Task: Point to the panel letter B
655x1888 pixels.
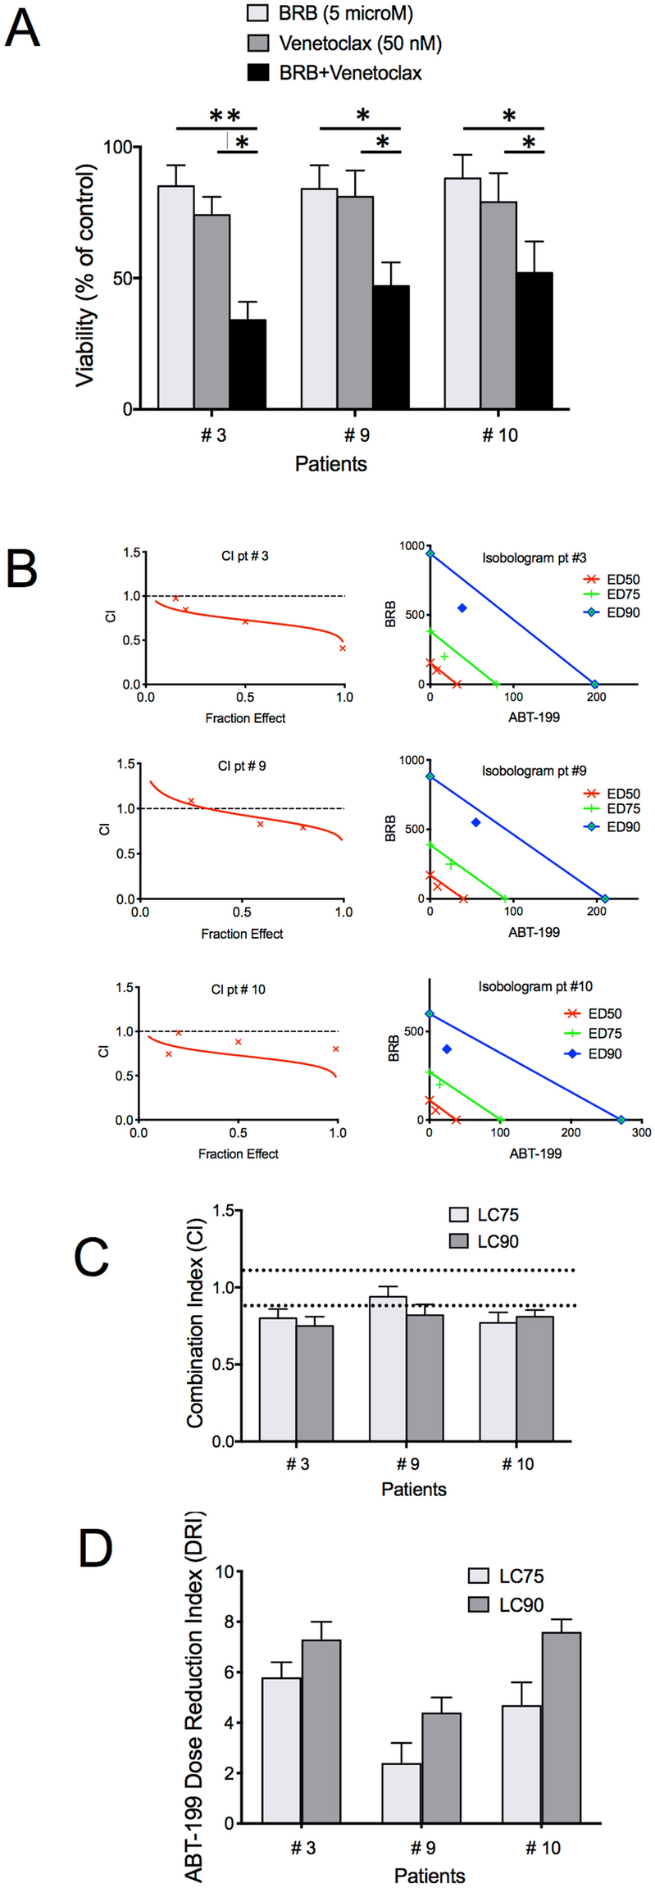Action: pyautogui.click(x=22, y=567)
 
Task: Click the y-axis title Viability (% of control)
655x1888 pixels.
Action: pyautogui.click(x=85, y=275)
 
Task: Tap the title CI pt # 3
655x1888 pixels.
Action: pyautogui.click(x=244, y=556)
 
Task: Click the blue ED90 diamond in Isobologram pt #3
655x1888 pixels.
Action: pyautogui.click(x=462, y=607)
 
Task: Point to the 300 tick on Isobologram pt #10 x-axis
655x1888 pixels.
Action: pyautogui.click(x=641, y=1132)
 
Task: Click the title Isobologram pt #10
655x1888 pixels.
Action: pyautogui.click(x=535, y=986)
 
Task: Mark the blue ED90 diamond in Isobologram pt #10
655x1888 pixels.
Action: pyautogui.click(x=447, y=1049)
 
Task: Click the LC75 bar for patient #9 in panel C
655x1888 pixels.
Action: pyautogui.click(x=388, y=1368)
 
